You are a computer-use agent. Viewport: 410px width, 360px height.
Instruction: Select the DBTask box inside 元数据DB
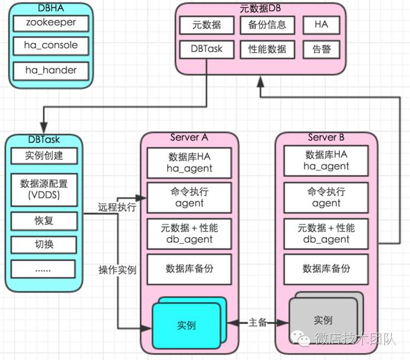click(207, 49)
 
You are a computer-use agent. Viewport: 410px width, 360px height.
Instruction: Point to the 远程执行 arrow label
click(117, 208)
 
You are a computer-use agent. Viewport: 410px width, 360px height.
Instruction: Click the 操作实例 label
click(117, 270)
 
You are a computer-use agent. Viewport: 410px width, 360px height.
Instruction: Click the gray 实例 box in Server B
click(323, 320)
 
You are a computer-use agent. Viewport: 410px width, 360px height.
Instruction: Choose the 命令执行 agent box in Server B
click(326, 197)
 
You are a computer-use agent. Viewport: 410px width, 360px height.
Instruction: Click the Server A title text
click(189, 137)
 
